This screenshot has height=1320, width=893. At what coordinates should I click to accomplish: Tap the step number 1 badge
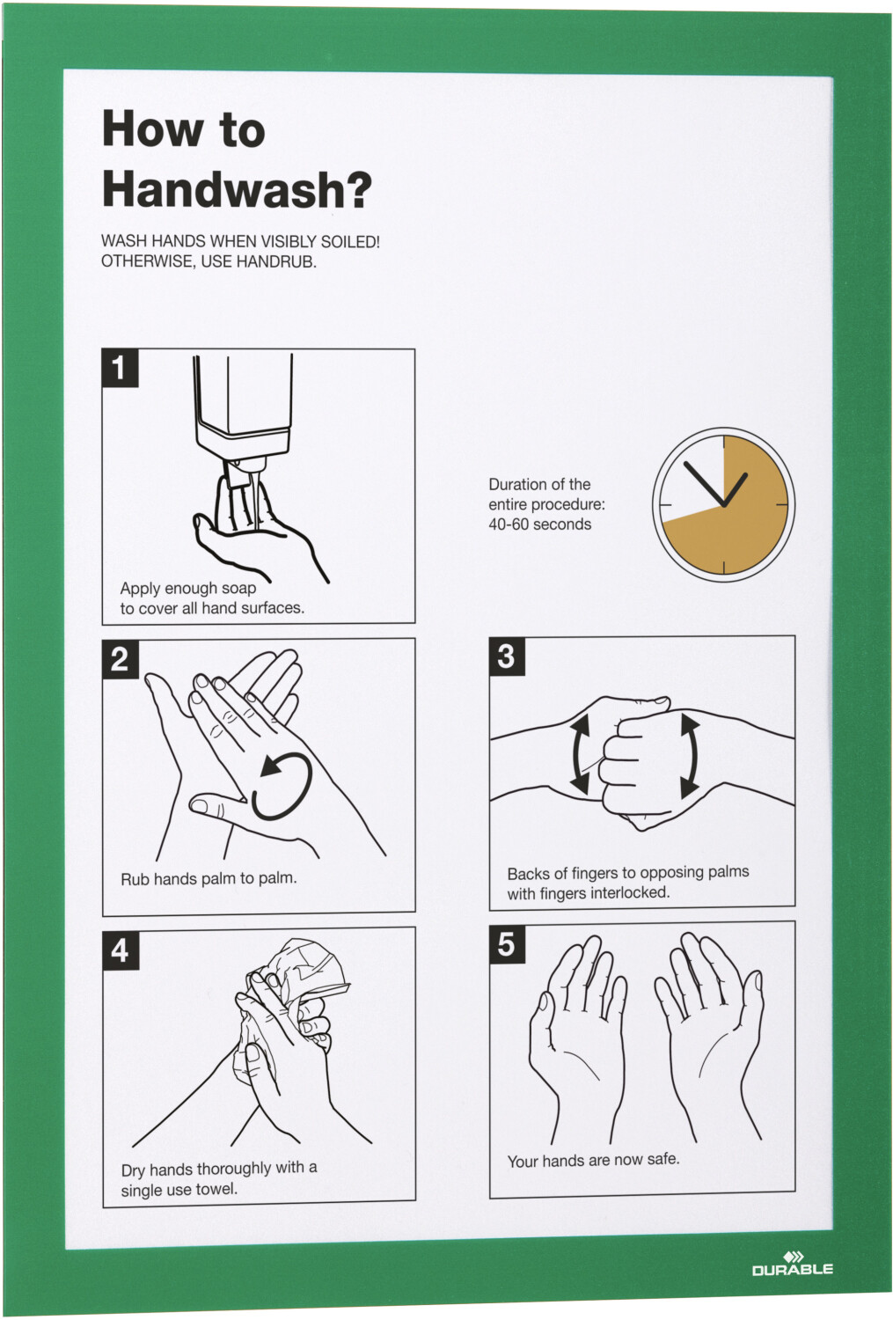[121, 369]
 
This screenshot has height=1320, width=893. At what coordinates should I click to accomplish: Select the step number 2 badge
[121, 658]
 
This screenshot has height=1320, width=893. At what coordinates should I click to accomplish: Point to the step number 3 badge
[507, 656]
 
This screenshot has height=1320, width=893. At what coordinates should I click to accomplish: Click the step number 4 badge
[121, 950]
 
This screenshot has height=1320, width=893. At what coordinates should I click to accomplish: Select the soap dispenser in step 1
[244, 413]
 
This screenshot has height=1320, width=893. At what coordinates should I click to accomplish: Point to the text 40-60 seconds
[539, 524]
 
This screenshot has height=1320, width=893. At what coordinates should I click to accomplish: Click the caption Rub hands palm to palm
[209, 878]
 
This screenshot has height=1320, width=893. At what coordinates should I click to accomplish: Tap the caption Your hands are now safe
[594, 1161]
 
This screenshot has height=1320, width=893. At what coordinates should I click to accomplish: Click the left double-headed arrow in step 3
[580, 753]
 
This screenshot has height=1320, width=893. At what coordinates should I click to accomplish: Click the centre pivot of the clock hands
[723, 505]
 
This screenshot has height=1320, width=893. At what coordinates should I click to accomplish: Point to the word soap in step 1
[238, 589]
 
